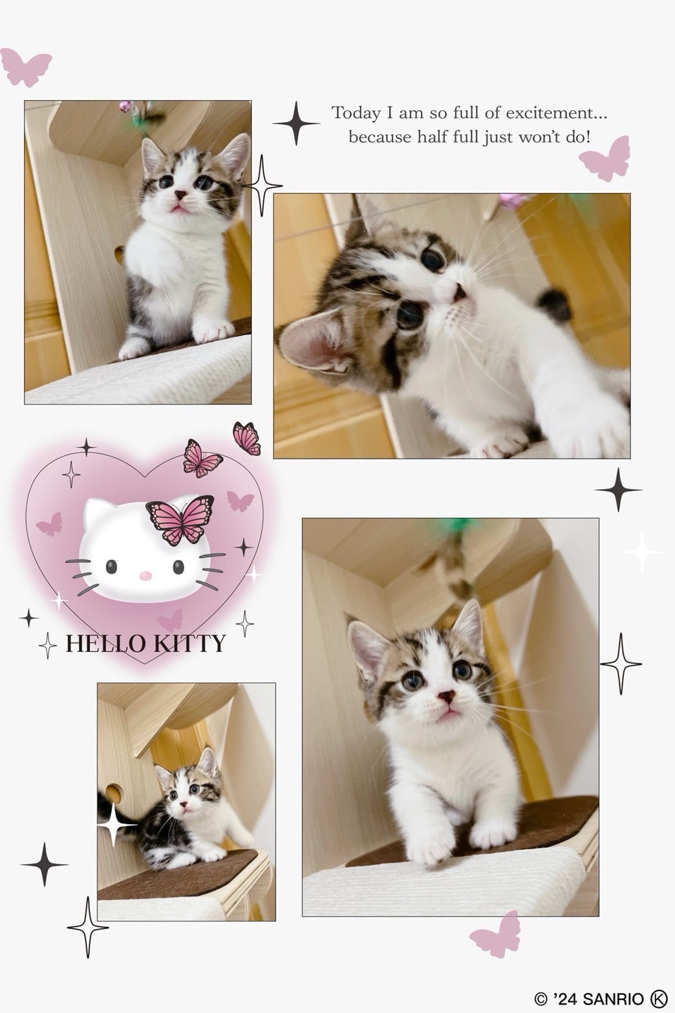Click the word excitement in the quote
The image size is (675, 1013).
click(556, 113)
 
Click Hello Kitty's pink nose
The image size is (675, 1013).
click(145, 576)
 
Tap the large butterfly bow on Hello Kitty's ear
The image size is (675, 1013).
click(180, 520)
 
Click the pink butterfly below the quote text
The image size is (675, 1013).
click(605, 159)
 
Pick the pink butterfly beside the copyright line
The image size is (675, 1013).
click(495, 935)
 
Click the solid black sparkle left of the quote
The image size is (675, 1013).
click(296, 123)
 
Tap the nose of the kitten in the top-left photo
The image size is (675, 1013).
click(181, 195)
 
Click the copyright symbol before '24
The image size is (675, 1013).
click(541, 999)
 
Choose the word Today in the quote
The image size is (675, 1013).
click(356, 113)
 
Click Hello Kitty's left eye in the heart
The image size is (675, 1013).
click(111, 566)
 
